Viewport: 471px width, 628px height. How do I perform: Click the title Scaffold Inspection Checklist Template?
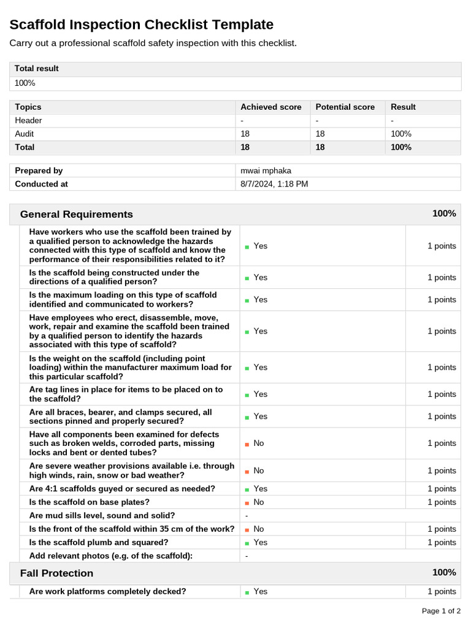click(142, 25)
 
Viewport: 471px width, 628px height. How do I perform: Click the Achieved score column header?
click(270, 107)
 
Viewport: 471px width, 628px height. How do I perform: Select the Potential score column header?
click(345, 107)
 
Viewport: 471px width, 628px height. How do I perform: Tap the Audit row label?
click(25, 134)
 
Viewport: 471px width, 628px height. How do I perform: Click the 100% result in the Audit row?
click(401, 134)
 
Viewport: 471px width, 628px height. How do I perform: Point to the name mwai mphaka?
click(266, 170)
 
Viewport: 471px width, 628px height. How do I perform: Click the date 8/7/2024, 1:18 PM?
click(274, 184)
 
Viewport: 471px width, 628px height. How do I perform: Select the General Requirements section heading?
click(76, 214)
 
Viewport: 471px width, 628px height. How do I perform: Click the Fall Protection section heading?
click(56, 573)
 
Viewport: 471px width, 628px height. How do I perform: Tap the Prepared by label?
click(39, 170)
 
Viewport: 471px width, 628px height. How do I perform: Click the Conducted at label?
click(41, 184)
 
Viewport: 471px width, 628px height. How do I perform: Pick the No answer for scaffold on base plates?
click(258, 502)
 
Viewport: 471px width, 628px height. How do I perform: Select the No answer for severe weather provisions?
click(258, 471)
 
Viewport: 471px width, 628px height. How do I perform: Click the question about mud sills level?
click(102, 516)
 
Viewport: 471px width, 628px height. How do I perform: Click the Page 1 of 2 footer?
click(441, 611)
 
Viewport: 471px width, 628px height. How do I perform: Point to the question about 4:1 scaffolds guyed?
click(122, 489)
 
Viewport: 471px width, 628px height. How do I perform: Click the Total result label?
click(37, 69)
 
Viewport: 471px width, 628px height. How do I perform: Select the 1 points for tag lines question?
click(442, 394)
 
